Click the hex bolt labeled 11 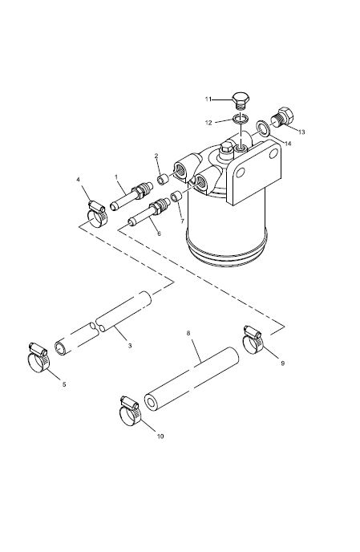241,101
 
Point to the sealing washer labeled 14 262,128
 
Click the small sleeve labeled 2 162,180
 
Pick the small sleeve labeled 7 176,196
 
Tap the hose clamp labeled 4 96,213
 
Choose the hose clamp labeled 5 38,356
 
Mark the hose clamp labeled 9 253,340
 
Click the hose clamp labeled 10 130,411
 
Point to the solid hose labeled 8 191,379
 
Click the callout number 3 130,346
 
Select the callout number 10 160,436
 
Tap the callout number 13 301,132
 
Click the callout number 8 188,333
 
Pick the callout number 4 78,180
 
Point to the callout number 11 208,99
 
